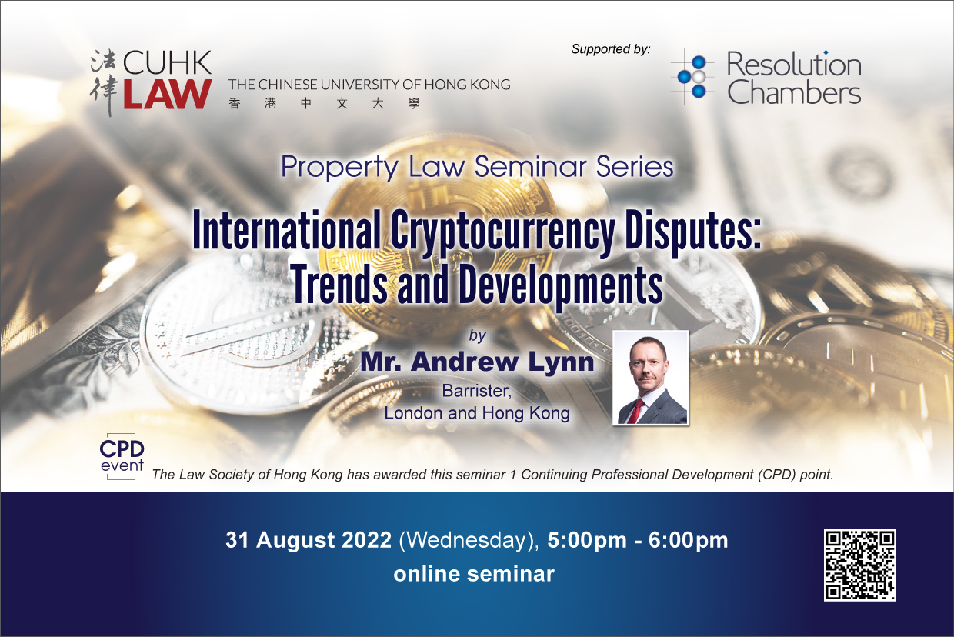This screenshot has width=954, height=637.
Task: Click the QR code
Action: coord(860,565)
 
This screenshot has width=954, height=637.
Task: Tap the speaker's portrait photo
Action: coord(651,378)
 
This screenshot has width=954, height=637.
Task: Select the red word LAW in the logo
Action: coord(168,94)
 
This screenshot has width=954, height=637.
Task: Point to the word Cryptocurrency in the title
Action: coord(502,232)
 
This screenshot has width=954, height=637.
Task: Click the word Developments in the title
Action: coord(561,285)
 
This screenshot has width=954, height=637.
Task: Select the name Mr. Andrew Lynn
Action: coord(477,362)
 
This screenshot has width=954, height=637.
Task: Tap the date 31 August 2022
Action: coord(309,540)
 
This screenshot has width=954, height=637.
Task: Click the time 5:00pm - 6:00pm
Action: coord(638,540)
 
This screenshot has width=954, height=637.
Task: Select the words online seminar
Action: coord(474,574)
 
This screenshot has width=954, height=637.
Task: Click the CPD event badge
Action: coord(122,456)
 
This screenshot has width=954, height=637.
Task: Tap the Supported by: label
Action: coord(611,49)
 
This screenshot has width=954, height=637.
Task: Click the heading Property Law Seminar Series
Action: coord(477,167)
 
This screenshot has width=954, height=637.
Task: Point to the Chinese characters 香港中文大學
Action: coord(325,103)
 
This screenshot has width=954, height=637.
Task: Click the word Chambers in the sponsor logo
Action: coord(794,92)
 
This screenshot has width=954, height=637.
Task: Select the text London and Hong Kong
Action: coord(477,413)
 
